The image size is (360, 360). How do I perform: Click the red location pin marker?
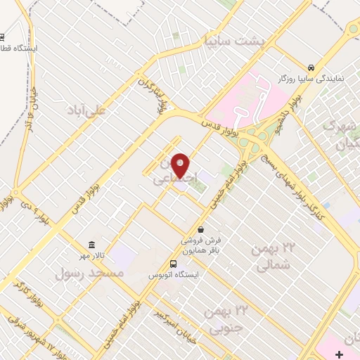181,165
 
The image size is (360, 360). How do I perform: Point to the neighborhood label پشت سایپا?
222,40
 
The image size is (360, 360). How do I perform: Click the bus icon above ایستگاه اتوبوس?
173,264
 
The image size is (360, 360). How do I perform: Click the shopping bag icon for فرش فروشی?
201,229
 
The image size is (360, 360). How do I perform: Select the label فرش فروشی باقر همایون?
201,244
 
